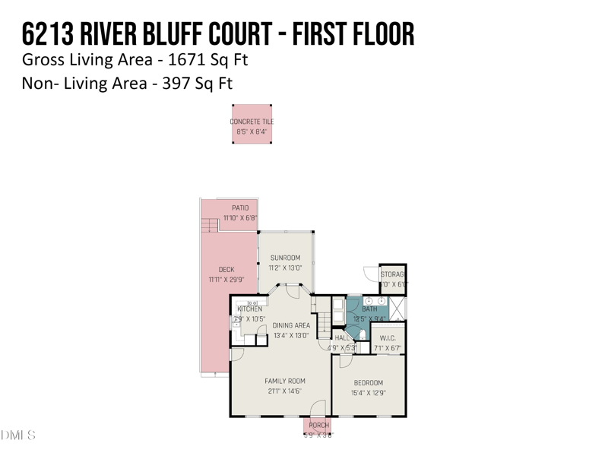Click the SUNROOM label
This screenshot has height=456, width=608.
click(x=285, y=258)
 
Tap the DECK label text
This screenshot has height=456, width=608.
click(x=226, y=270)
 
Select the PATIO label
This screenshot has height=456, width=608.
click(x=240, y=208)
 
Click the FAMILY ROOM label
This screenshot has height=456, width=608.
click(x=284, y=381)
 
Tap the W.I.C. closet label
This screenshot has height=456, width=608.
click(x=387, y=339)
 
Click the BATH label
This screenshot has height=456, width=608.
click(x=369, y=309)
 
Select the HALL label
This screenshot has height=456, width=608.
click(x=341, y=338)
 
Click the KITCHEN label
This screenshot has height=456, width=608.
click(x=250, y=309)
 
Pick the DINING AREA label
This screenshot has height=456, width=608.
click(x=291, y=325)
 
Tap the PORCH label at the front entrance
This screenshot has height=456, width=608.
click(x=318, y=426)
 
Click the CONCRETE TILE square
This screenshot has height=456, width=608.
click(x=252, y=125)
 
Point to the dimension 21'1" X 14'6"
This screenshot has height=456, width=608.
click(x=284, y=391)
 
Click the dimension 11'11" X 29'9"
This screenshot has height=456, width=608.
click(x=226, y=280)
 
